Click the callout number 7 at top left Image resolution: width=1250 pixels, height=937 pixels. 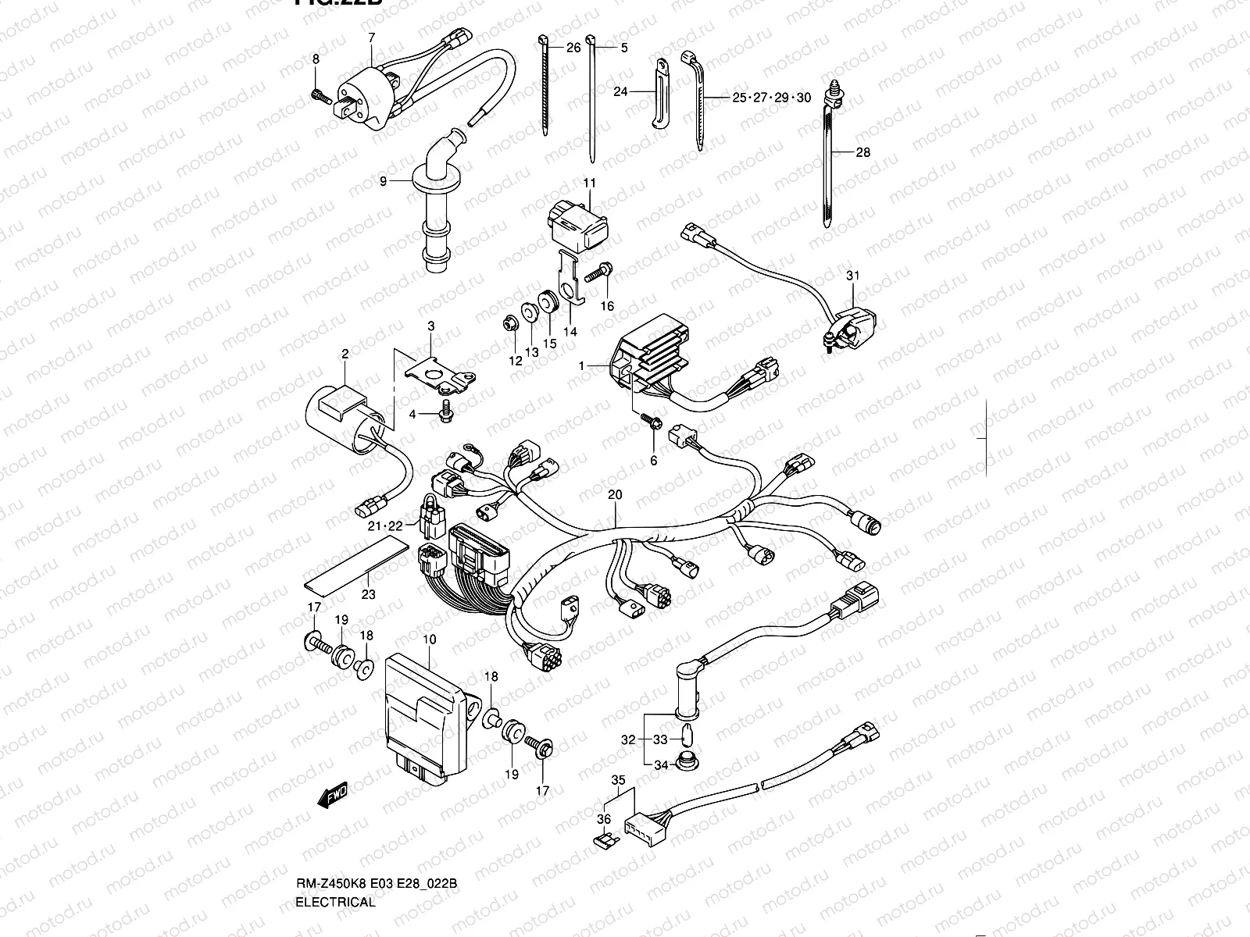pos(371,37)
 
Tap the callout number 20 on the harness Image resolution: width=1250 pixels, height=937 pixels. pos(615,495)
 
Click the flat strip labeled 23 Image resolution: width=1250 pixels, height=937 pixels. pos(355,560)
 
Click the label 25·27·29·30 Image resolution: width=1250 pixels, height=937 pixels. pos(771,98)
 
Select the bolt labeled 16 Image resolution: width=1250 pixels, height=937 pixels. pos(597,273)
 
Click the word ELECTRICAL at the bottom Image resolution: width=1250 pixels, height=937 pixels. pos(335,902)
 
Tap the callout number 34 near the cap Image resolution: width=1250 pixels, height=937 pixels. pos(661,764)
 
